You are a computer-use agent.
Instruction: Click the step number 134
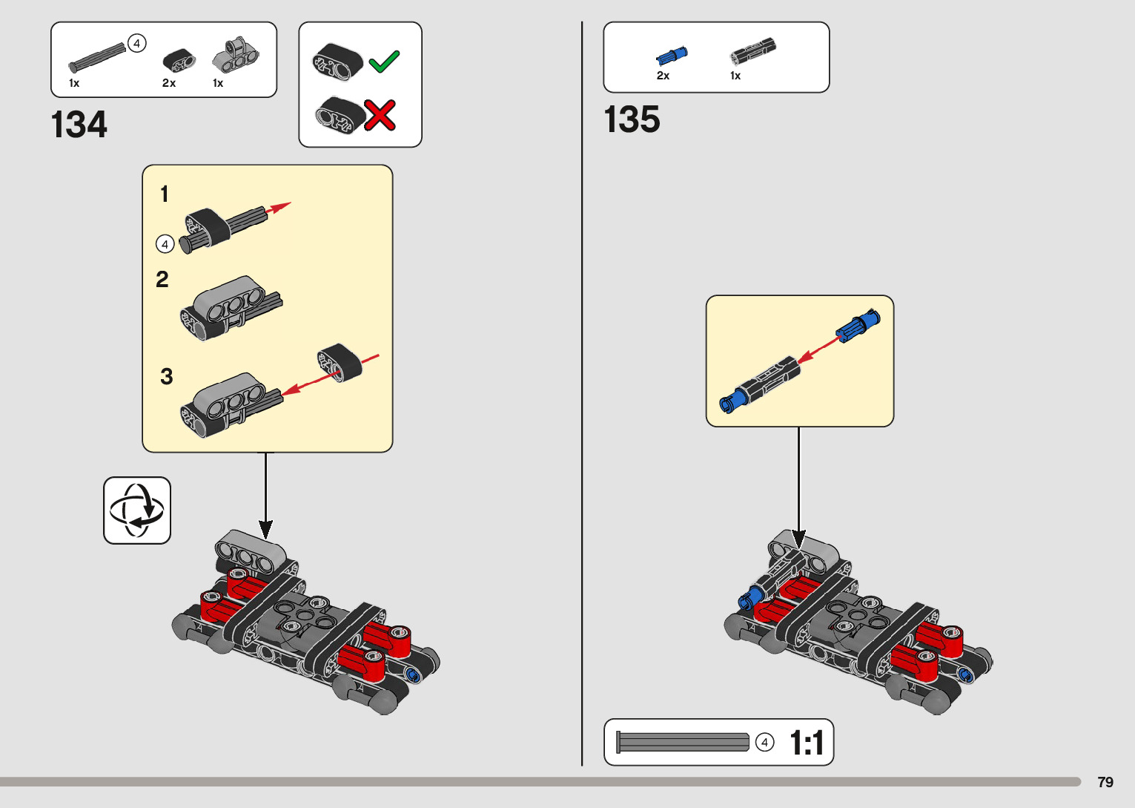pyautogui.click(x=79, y=125)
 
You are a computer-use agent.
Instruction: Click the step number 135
pyautogui.click(x=632, y=119)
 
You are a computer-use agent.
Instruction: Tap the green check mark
pyautogui.click(x=384, y=62)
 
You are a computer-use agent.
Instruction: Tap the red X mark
pyautogui.click(x=380, y=116)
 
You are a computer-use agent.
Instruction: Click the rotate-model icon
pyautogui.click(x=137, y=510)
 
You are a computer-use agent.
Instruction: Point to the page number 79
pyautogui.click(x=1105, y=782)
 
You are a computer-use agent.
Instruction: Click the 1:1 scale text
pyautogui.click(x=807, y=743)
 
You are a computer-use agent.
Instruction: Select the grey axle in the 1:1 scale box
pyautogui.click(x=683, y=742)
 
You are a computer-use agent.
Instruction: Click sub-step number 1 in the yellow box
pyautogui.click(x=165, y=194)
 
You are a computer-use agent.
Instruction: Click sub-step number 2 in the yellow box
pyautogui.click(x=162, y=280)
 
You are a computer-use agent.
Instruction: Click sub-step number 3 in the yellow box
pyautogui.click(x=167, y=377)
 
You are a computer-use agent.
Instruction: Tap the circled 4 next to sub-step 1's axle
pyautogui.click(x=165, y=244)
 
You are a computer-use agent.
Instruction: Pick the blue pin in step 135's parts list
pyautogui.click(x=672, y=56)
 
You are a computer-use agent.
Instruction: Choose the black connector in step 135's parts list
pyautogui.click(x=752, y=50)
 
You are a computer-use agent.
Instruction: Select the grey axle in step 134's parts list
pyautogui.click(x=97, y=57)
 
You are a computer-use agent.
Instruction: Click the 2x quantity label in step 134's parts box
pyautogui.click(x=169, y=83)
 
